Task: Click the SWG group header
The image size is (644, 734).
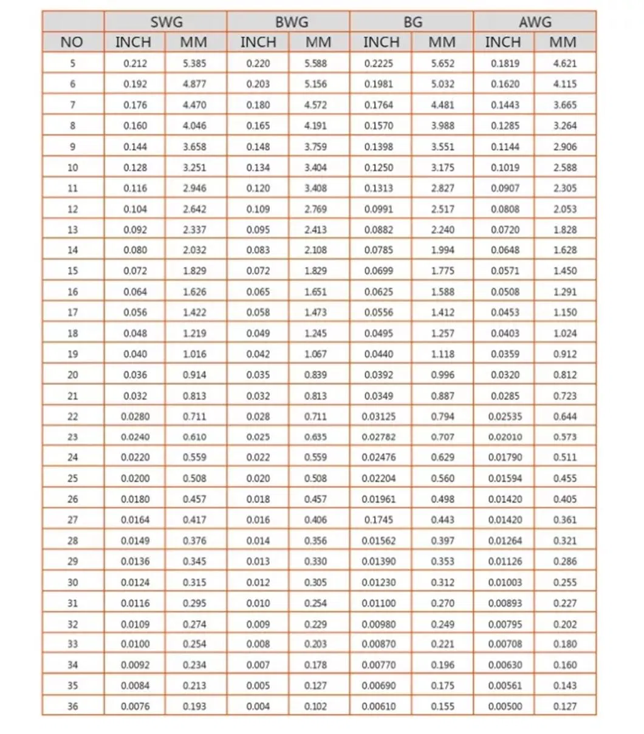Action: pos(166,22)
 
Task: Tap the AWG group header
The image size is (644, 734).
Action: pos(535,22)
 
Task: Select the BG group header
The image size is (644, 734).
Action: pos(412,22)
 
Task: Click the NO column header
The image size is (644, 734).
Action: pos(72,42)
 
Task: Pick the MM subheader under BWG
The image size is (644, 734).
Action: pos(318,42)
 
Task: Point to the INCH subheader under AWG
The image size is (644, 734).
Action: pos(503,42)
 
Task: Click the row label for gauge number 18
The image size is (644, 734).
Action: pos(72,333)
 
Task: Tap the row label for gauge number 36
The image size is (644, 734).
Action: pos(72,707)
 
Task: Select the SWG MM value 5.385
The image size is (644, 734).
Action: pos(194,63)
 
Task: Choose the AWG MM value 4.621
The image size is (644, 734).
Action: pos(564,63)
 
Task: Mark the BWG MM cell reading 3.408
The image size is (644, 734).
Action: pos(315,188)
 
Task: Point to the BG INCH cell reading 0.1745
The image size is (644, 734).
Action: pos(379,520)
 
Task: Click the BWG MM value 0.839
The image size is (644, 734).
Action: pos(315,375)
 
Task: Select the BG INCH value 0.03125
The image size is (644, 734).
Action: pos(379,416)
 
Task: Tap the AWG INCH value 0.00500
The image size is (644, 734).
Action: pos(505,707)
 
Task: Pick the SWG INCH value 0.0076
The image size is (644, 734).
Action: pos(135,707)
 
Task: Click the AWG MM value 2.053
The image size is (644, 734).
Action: pos(564,209)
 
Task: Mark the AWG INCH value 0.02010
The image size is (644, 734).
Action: pos(505,437)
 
